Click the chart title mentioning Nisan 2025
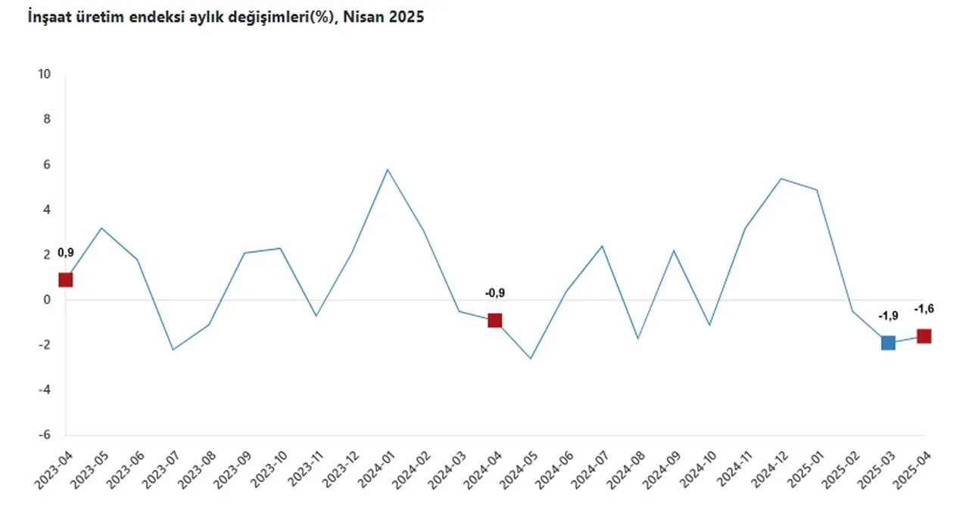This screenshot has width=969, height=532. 226,17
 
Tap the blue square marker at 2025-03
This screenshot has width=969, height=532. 888,343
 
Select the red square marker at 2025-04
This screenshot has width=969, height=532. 924,336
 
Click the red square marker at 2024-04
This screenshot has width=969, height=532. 494,320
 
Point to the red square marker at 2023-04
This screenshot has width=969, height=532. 66,280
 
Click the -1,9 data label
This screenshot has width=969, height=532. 887,316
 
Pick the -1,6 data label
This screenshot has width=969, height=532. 924,308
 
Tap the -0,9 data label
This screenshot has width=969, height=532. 494,293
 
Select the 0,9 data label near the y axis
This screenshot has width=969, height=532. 66,253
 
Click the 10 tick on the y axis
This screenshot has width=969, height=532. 45,74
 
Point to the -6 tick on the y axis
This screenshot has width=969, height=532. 45,435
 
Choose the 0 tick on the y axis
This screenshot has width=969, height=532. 48,300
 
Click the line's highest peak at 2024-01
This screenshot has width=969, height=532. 388,169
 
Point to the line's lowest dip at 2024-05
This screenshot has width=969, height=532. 531,359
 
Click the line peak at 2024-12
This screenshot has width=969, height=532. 780,179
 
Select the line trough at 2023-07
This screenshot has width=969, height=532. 173,350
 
